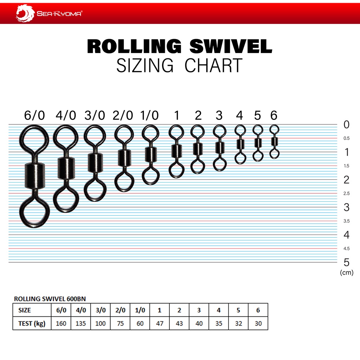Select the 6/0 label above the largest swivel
[x=34, y=115]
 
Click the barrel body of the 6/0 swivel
[x=34, y=176]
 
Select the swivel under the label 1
[x=176, y=151]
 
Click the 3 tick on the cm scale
[x=346, y=207]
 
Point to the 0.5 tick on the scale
[x=346, y=138]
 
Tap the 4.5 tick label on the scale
[x=346, y=249]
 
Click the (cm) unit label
[x=347, y=272]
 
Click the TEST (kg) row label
[x=32, y=323]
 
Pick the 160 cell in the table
[x=61, y=323]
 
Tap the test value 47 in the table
[x=160, y=323]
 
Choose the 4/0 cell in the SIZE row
[x=81, y=310]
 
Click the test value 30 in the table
[x=258, y=323]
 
